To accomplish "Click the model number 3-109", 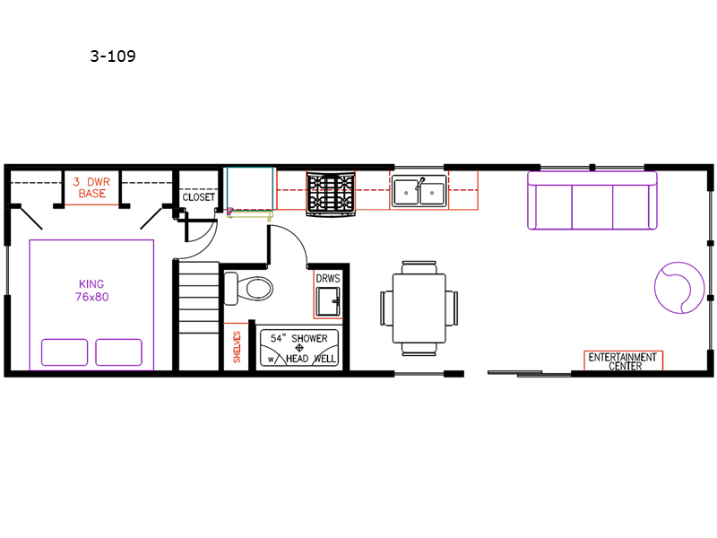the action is (x=113, y=56).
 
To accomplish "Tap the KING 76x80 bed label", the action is (x=92, y=290).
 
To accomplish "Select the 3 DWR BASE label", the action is (x=92, y=187).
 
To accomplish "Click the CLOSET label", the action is (x=198, y=197).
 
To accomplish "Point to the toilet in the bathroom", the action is (x=248, y=289).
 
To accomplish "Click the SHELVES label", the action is (x=237, y=347).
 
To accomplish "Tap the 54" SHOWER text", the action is (x=299, y=339).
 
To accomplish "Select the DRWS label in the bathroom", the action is (x=328, y=278).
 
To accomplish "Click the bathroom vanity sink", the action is (x=328, y=301).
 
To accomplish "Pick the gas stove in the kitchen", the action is (x=331, y=193).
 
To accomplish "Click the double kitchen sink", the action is (x=419, y=191).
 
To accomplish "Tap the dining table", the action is (x=419, y=308).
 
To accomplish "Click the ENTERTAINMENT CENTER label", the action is (x=623, y=361).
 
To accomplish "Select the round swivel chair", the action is (x=679, y=287).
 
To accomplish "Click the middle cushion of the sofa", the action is (x=592, y=207).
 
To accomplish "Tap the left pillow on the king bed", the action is (x=65, y=352).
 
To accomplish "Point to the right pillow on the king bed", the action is (x=118, y=352).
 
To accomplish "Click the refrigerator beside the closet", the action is (x=250, y=189).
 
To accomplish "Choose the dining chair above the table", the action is (x=419, y=267).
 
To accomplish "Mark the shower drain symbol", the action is (x=299, y=348).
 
